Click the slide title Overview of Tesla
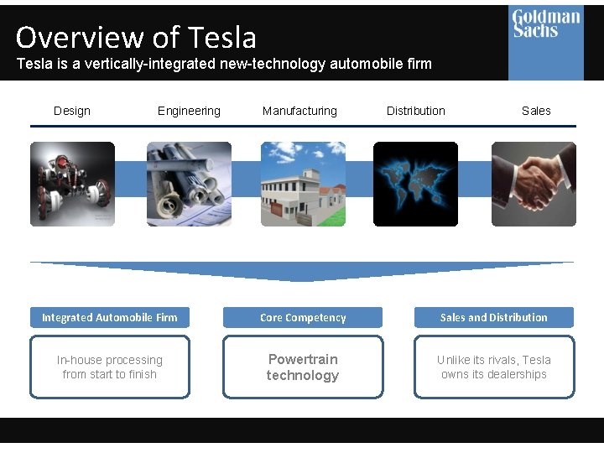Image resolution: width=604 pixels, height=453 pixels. [136, 37]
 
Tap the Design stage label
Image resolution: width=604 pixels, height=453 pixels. [72, 111]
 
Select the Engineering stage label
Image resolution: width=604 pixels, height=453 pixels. [189, 111]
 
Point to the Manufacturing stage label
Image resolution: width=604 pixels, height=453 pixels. [299, 111]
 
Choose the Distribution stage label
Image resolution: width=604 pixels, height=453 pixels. [416, 111]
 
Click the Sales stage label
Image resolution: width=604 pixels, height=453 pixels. [536, 111]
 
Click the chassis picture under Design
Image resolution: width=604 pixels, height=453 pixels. [73, 184]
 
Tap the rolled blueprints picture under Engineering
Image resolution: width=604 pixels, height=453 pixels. [189, 184]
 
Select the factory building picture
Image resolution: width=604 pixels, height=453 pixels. [303, 184]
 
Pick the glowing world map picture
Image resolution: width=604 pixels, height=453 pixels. [416, 184]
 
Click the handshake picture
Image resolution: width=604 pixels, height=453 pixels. [534, 184]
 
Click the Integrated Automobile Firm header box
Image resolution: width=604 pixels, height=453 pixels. [110, 317]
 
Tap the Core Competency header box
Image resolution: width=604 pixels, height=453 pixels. [303, 317]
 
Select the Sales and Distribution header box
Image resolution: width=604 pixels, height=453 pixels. [494, 317]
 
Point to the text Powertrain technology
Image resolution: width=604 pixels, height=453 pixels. [303, 367]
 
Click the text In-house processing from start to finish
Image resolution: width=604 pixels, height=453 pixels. [110, 367]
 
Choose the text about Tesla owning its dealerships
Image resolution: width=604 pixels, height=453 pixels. [494, 367]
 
